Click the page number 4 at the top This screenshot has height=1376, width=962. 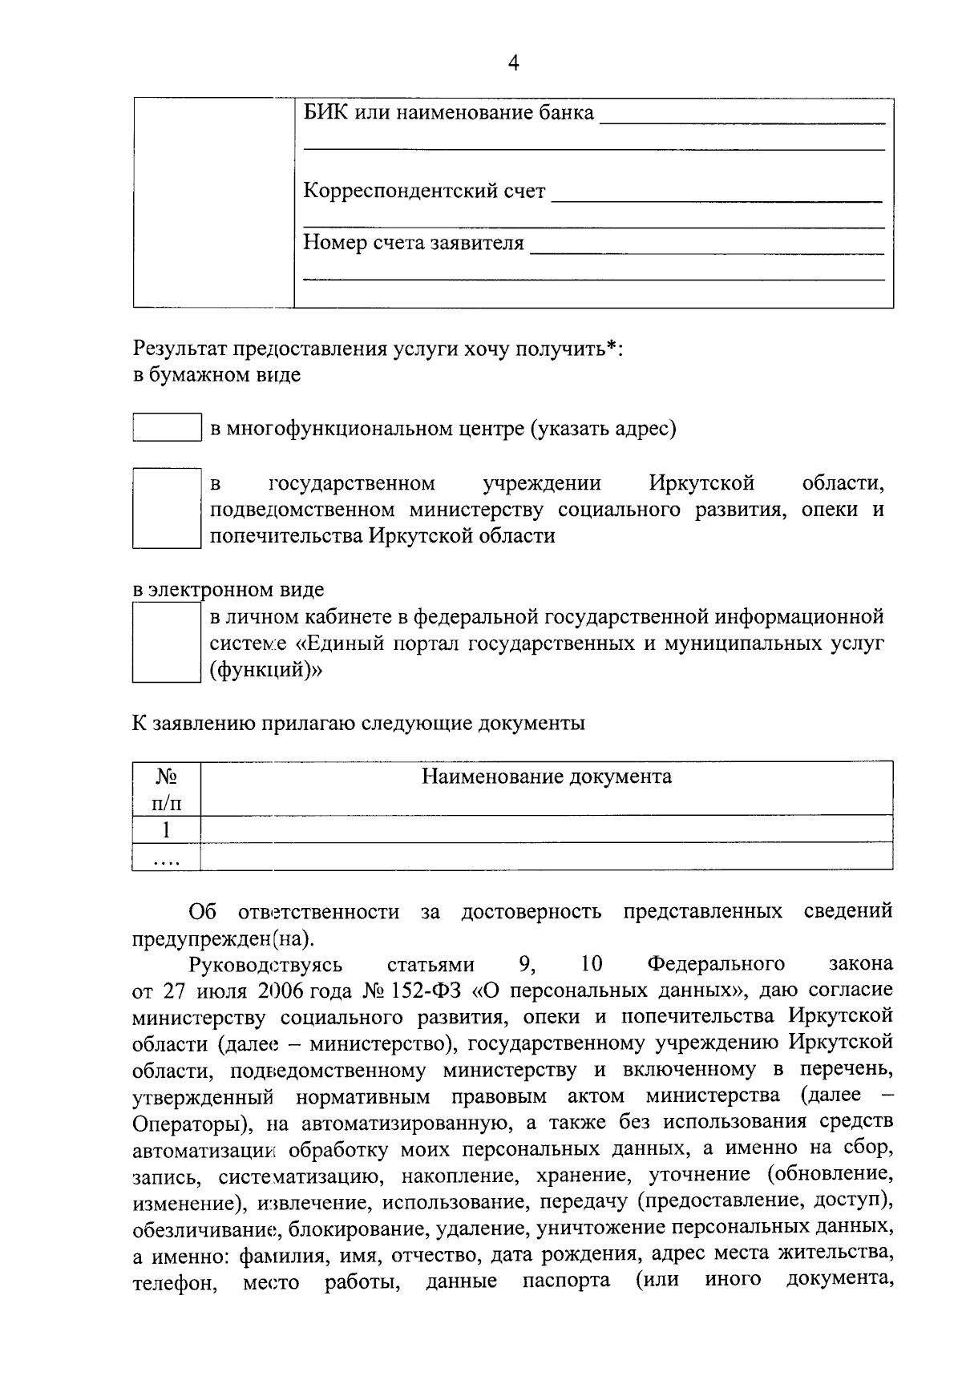tap(513, 63)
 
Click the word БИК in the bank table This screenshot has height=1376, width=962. tap(324, 112)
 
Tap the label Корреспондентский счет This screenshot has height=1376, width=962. tap(424, 192)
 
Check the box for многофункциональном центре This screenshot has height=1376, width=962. tap(166, 427)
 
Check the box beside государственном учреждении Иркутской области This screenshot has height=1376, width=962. tap(166, 509)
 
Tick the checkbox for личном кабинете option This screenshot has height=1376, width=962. tap(166, 642)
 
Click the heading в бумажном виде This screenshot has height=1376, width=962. tap(216, 374)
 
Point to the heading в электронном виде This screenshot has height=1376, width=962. tap(228, 590)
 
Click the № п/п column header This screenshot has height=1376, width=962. tap(166, 789)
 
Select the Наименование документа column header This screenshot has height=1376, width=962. tap(547, 777)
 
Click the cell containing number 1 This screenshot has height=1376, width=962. tap(166, 829)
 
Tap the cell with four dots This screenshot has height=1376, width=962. tap(166, 857)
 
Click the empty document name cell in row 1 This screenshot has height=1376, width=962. tap(547, 829)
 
